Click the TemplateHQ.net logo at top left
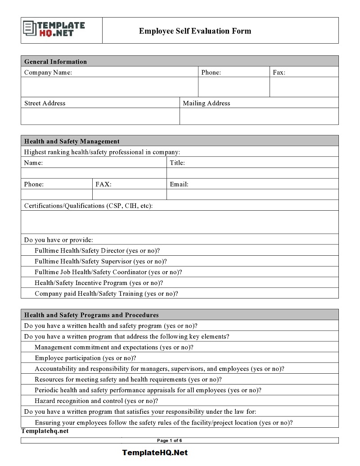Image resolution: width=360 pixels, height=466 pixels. coord(54,30)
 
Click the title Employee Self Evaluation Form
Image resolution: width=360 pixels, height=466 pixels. coord(195,31)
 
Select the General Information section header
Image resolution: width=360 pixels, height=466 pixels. coord(55,62)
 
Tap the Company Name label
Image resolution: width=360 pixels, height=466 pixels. coord(48,72)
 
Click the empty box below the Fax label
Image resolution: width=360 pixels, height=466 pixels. coord(304,87)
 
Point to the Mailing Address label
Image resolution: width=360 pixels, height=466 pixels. coord(206,103)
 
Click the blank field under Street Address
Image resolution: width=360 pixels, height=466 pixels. coord(100,117)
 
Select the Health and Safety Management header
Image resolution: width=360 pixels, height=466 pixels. coord(72,141)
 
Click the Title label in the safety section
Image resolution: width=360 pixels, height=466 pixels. coord(177,163)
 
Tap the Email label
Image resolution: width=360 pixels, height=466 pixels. coord(179,184)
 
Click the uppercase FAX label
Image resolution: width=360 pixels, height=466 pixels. coord(103,184)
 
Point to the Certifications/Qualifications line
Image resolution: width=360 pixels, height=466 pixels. coord(88,206)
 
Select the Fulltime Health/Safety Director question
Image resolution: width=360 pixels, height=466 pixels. coord(97,251)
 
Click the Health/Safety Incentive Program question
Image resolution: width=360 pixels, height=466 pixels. coord(99,283)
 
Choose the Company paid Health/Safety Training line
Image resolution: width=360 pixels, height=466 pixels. coord(106,294)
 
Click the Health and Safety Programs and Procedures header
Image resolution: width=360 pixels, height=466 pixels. coord(91,315)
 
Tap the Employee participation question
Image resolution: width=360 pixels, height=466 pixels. coord(85,358)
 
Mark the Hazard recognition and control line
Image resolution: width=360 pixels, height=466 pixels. coord(96,401)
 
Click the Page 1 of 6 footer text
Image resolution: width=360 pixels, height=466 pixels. coord(169,440)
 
